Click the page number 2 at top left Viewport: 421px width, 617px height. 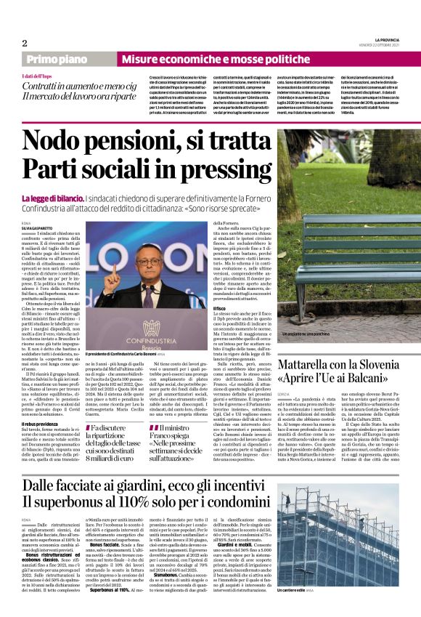click(x=24, y=43)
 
